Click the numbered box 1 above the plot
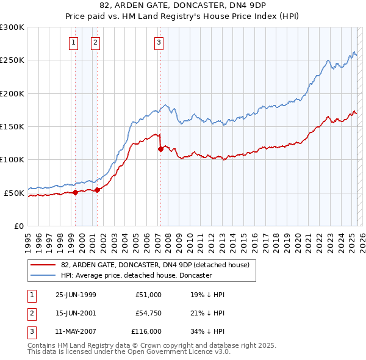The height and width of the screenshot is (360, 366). [x=74, y=42]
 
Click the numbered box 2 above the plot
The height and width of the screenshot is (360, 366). [x=96, y=42]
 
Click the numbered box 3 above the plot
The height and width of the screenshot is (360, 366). [x=159, y=42]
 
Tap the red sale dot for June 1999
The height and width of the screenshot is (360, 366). [x=76, y=192]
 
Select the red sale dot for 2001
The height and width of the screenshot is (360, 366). [x=97, y=190]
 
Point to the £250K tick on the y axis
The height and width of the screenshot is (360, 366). [x=12, y=60]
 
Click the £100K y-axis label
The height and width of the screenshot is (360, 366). [x=12, y=160]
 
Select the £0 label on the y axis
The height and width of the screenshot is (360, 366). [x=18, y=226]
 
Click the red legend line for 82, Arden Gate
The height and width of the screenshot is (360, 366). [x=43, y=265]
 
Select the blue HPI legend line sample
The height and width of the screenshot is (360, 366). [x=43, y=275]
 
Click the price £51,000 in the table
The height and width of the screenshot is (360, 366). [x=149, y=295]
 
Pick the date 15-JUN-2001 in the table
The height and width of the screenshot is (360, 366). [x=76, y=313]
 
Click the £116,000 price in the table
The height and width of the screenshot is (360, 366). [x=147, y=331]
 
